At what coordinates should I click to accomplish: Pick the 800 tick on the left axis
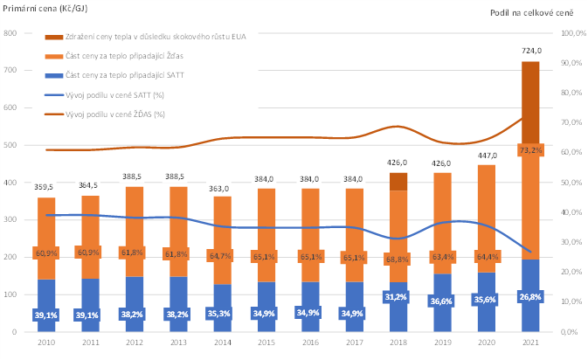coord(10,33)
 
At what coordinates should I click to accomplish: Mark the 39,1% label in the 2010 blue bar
coord(47,315)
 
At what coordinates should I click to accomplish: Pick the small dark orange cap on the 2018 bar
coord(398,181)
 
